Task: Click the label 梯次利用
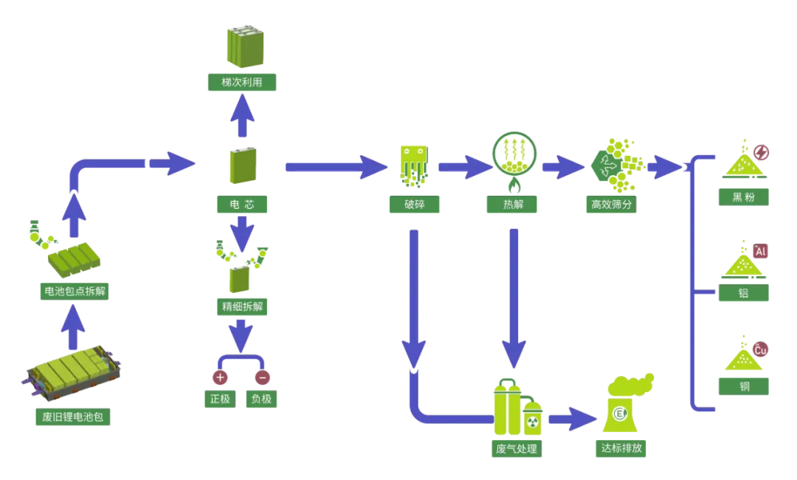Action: point(242,83)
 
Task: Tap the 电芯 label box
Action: point(242,204)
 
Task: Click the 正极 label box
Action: point(218,400)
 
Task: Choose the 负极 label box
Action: point(262,400)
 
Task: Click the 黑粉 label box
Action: point(744,197)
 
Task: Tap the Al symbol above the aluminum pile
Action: point(761,251)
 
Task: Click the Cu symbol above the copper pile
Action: point(760,350)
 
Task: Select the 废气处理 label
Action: point(517,448)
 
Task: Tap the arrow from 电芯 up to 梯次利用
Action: point(242,117)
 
